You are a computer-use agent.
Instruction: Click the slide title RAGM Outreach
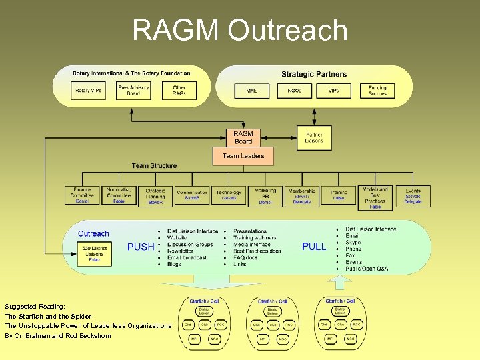[240, 31]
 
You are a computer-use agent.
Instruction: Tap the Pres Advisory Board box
[133, 90]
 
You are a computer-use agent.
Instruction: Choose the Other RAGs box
[179, 90]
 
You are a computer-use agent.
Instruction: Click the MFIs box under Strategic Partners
[252, 90]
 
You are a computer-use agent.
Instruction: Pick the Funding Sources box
[377, 90]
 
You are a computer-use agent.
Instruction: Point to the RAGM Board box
[243, 137]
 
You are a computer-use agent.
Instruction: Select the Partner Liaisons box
[314, 137]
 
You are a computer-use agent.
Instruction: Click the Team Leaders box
[243, 156]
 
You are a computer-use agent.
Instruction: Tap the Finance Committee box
[82, 195]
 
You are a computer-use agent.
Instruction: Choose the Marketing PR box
[265, 195]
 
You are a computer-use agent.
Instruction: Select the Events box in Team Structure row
[413, 195]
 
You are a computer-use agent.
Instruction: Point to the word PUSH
[141, 247]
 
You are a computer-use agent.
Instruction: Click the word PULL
[314, 247]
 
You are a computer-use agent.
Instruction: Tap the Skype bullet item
[354, 242]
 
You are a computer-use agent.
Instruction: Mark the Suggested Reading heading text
[34, 305]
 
